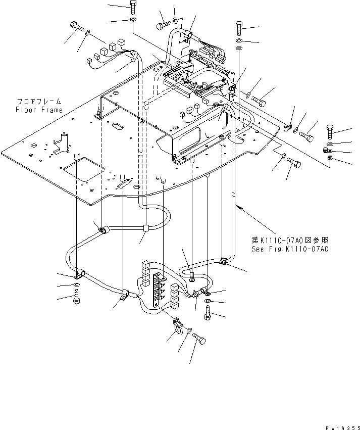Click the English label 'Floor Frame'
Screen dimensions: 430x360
click(39, 110)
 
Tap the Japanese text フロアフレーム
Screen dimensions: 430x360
click(39, 101)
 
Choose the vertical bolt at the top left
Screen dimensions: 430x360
click(133, 7)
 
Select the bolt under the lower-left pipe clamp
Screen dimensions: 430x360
click(76, 299)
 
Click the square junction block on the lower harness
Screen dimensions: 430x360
click(146, 228)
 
